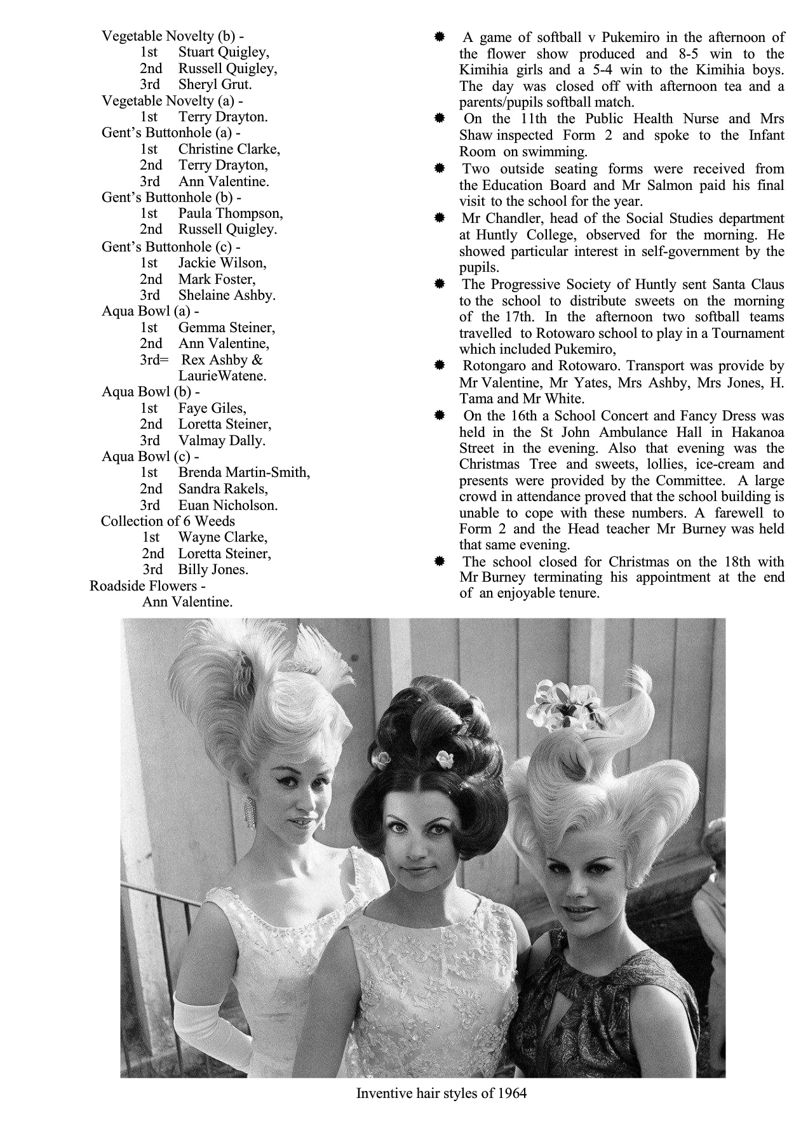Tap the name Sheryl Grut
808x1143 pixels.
point(215,84)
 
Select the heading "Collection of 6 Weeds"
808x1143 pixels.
point(168,521)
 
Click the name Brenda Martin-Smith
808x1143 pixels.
point(244,472)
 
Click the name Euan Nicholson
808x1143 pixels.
point(227,505)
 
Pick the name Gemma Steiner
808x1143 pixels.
point(226,328)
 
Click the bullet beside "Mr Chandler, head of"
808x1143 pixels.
point(439,218)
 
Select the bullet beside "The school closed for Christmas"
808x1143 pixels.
point(439,561)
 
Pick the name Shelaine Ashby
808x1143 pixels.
point(226,295)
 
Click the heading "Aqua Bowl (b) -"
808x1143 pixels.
point(151,392)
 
